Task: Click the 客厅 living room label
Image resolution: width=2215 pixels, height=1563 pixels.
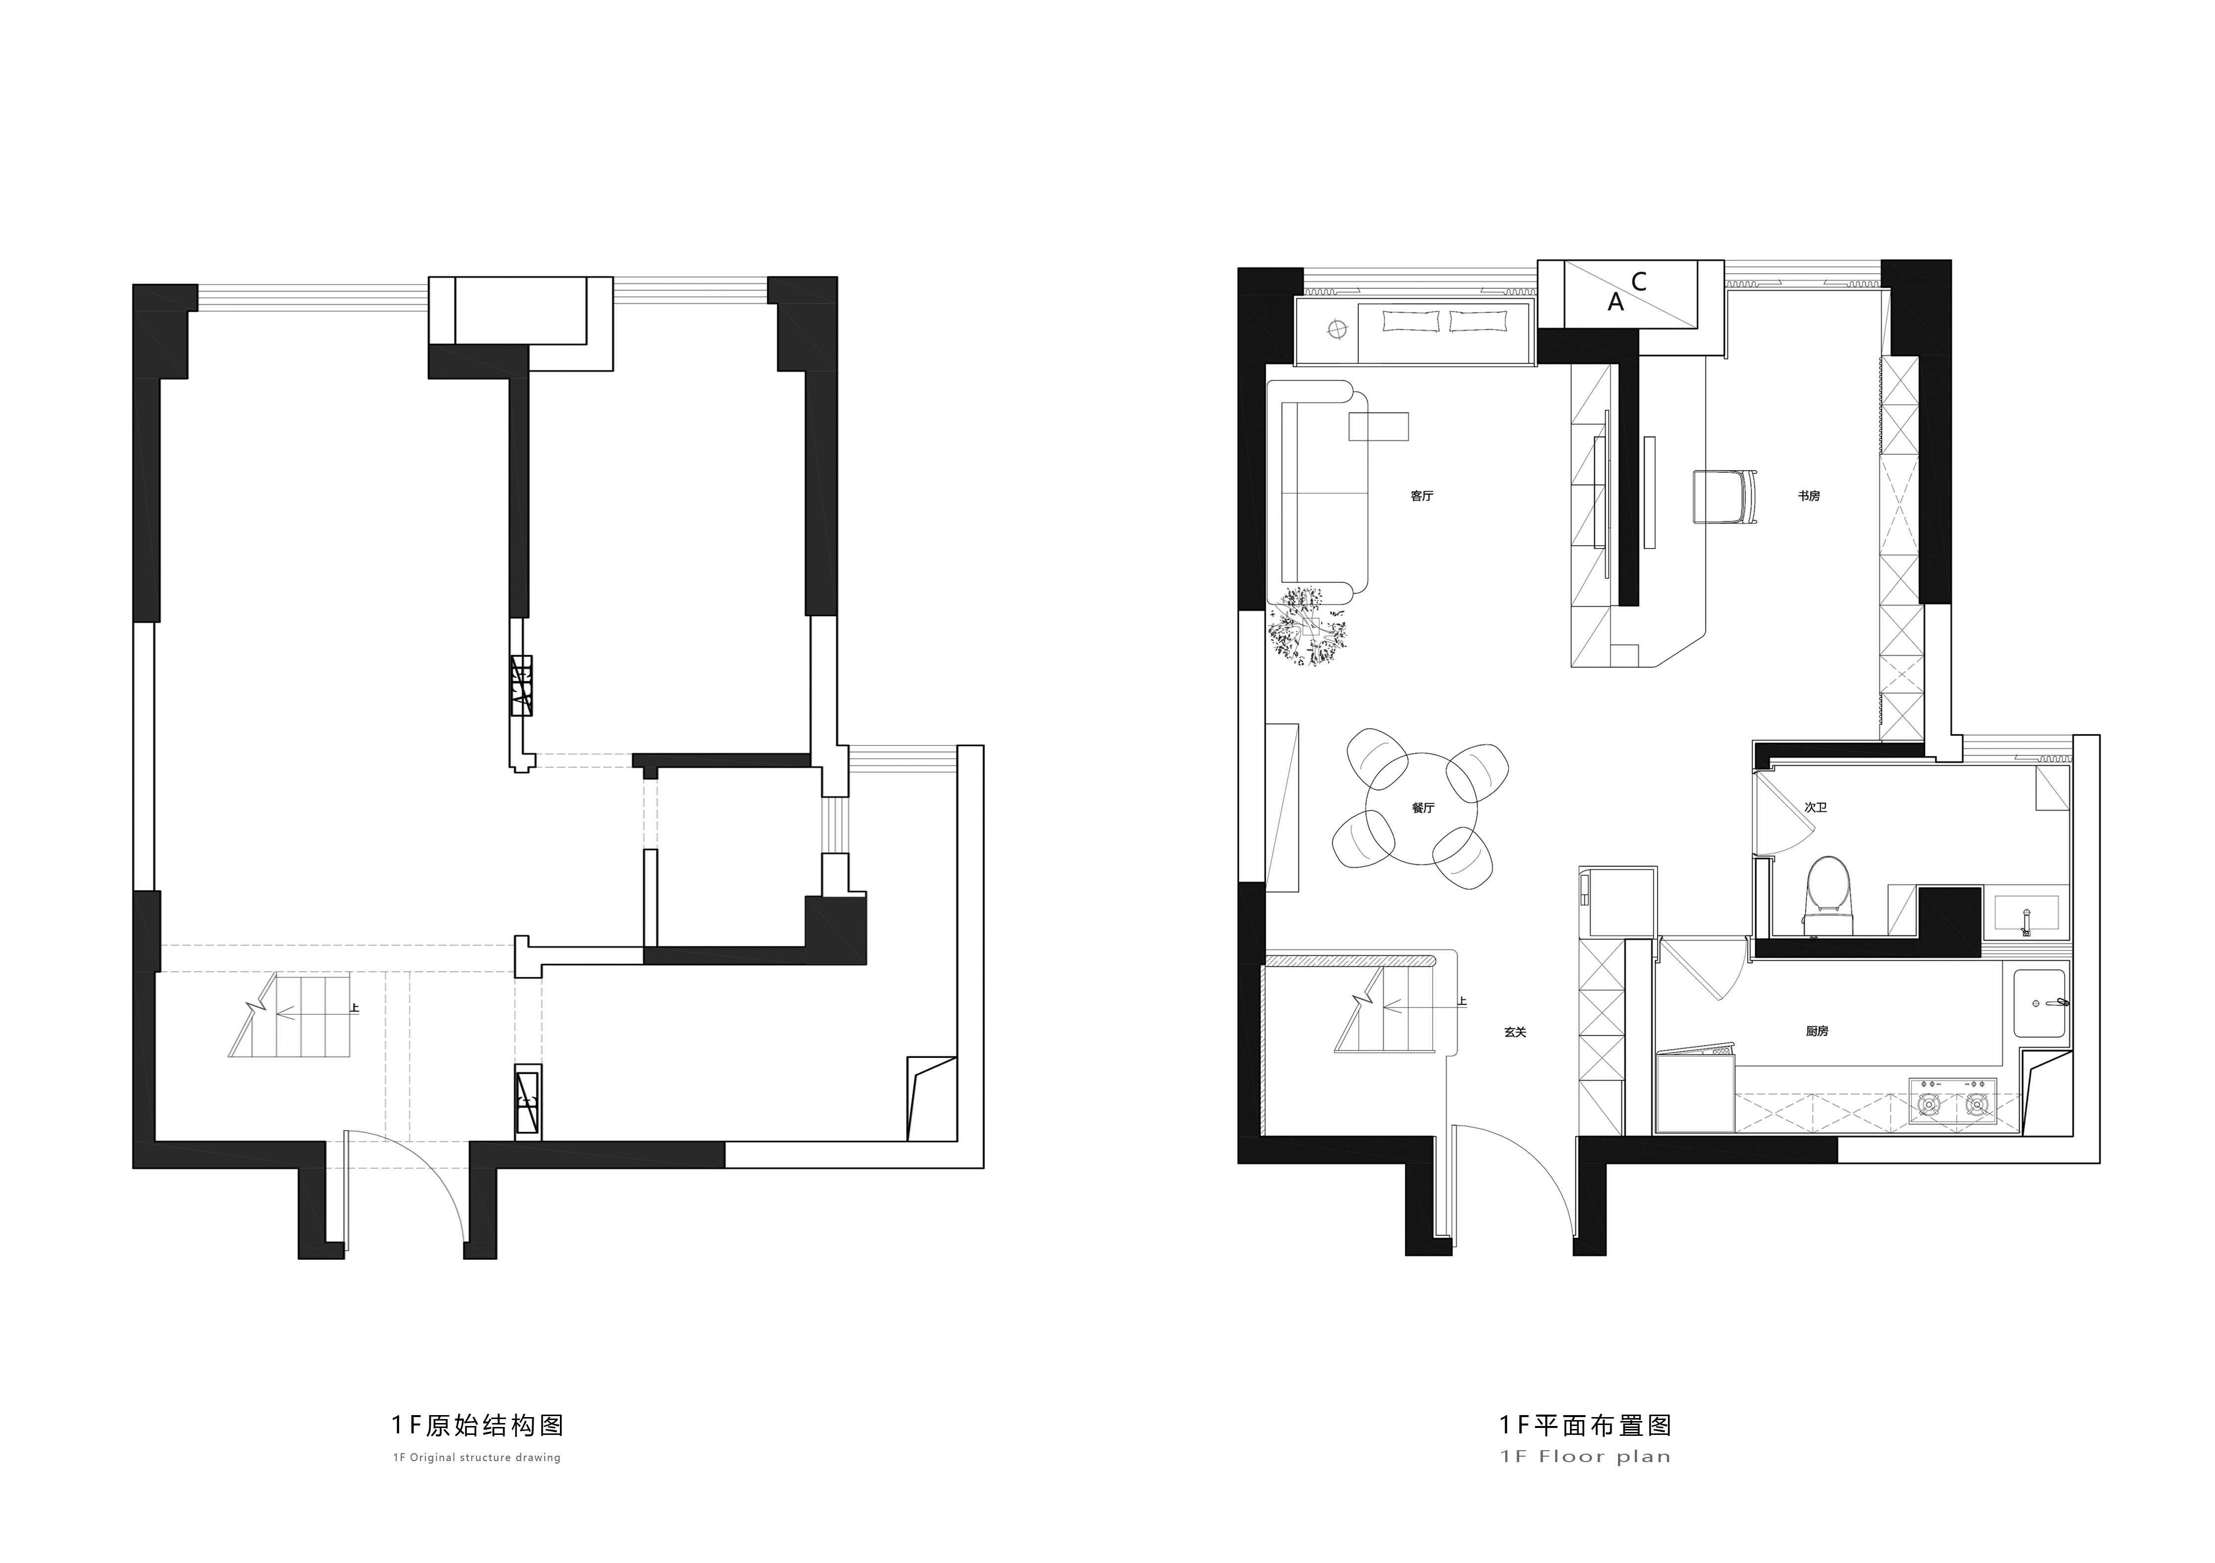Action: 1422,496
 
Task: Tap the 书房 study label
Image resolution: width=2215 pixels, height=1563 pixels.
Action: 1809,496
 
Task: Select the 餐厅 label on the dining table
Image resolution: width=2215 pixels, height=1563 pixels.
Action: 1423,808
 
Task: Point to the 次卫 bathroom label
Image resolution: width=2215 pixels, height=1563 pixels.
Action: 1816,807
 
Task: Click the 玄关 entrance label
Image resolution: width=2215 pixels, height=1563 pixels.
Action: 1516,1031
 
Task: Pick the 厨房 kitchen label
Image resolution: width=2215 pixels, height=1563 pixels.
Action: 1817,1030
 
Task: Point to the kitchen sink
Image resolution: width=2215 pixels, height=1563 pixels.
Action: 2039,1004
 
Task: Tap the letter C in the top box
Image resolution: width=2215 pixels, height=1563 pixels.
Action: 1638,282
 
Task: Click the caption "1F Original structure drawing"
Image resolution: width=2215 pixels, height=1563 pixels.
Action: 476,1457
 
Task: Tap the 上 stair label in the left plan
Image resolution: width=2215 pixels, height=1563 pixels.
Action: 355,1008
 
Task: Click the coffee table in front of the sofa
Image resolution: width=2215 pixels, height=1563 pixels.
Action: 1379,426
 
